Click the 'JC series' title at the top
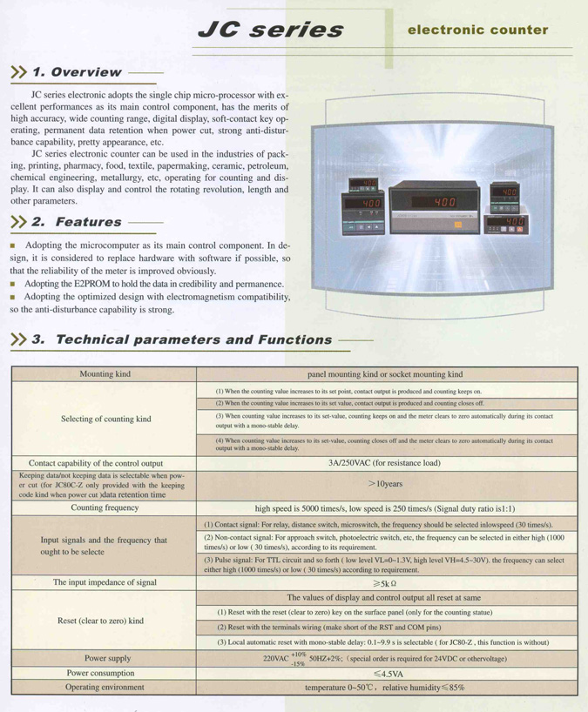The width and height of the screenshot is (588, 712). [271, 30]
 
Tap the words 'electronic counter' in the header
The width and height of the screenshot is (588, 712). [478, 30]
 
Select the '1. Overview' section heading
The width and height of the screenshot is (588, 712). [76, 72]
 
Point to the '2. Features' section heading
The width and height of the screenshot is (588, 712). [77, 222]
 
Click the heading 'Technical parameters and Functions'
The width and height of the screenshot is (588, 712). [193, 339]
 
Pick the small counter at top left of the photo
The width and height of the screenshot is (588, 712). [364, 186]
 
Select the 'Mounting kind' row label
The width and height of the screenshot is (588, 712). [105, 374]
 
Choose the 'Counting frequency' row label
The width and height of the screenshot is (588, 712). [105, 507]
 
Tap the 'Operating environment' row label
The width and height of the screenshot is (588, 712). [105, 687]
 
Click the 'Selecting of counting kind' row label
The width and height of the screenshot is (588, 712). [105, 419]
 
